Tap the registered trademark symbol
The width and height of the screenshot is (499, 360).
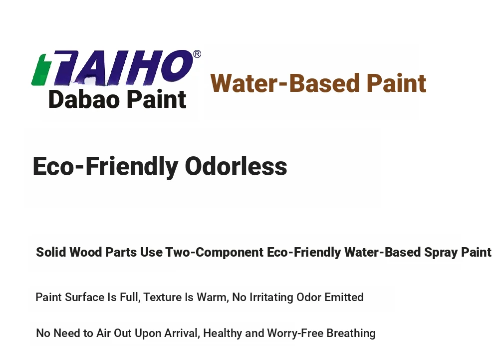[197, 54]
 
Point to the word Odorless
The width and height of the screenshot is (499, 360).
[236, 166]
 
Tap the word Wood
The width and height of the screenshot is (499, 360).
[86, 252]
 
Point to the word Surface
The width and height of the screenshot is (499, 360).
[84, 297]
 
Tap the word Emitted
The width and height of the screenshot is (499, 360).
[344, 297]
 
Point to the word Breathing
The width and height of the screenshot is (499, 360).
[351, 333]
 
